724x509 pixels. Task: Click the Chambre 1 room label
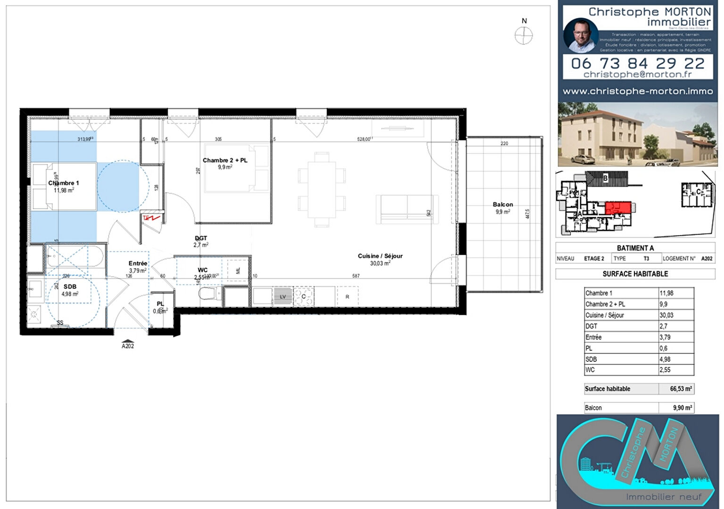(64, 183)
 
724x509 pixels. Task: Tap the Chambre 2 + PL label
(225, 160)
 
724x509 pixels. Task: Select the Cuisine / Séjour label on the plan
(380, 256)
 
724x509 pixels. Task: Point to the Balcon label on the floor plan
(502, 205)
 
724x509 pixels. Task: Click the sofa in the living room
(407, 209)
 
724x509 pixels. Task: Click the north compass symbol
(523, 35)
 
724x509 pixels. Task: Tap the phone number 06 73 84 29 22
(637, 63)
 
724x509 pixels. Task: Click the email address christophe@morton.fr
(637, 74)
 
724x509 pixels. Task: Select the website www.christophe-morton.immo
(637, 91)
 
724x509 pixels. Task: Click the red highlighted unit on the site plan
(618, 207)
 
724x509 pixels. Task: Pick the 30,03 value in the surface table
(666, 315)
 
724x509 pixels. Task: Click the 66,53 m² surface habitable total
(681, 389)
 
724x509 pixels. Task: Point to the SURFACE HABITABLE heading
(635, 274)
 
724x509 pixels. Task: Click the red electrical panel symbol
(152, 218)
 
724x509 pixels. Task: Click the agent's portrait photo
(581, 35)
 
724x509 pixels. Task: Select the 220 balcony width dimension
(504, 143)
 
